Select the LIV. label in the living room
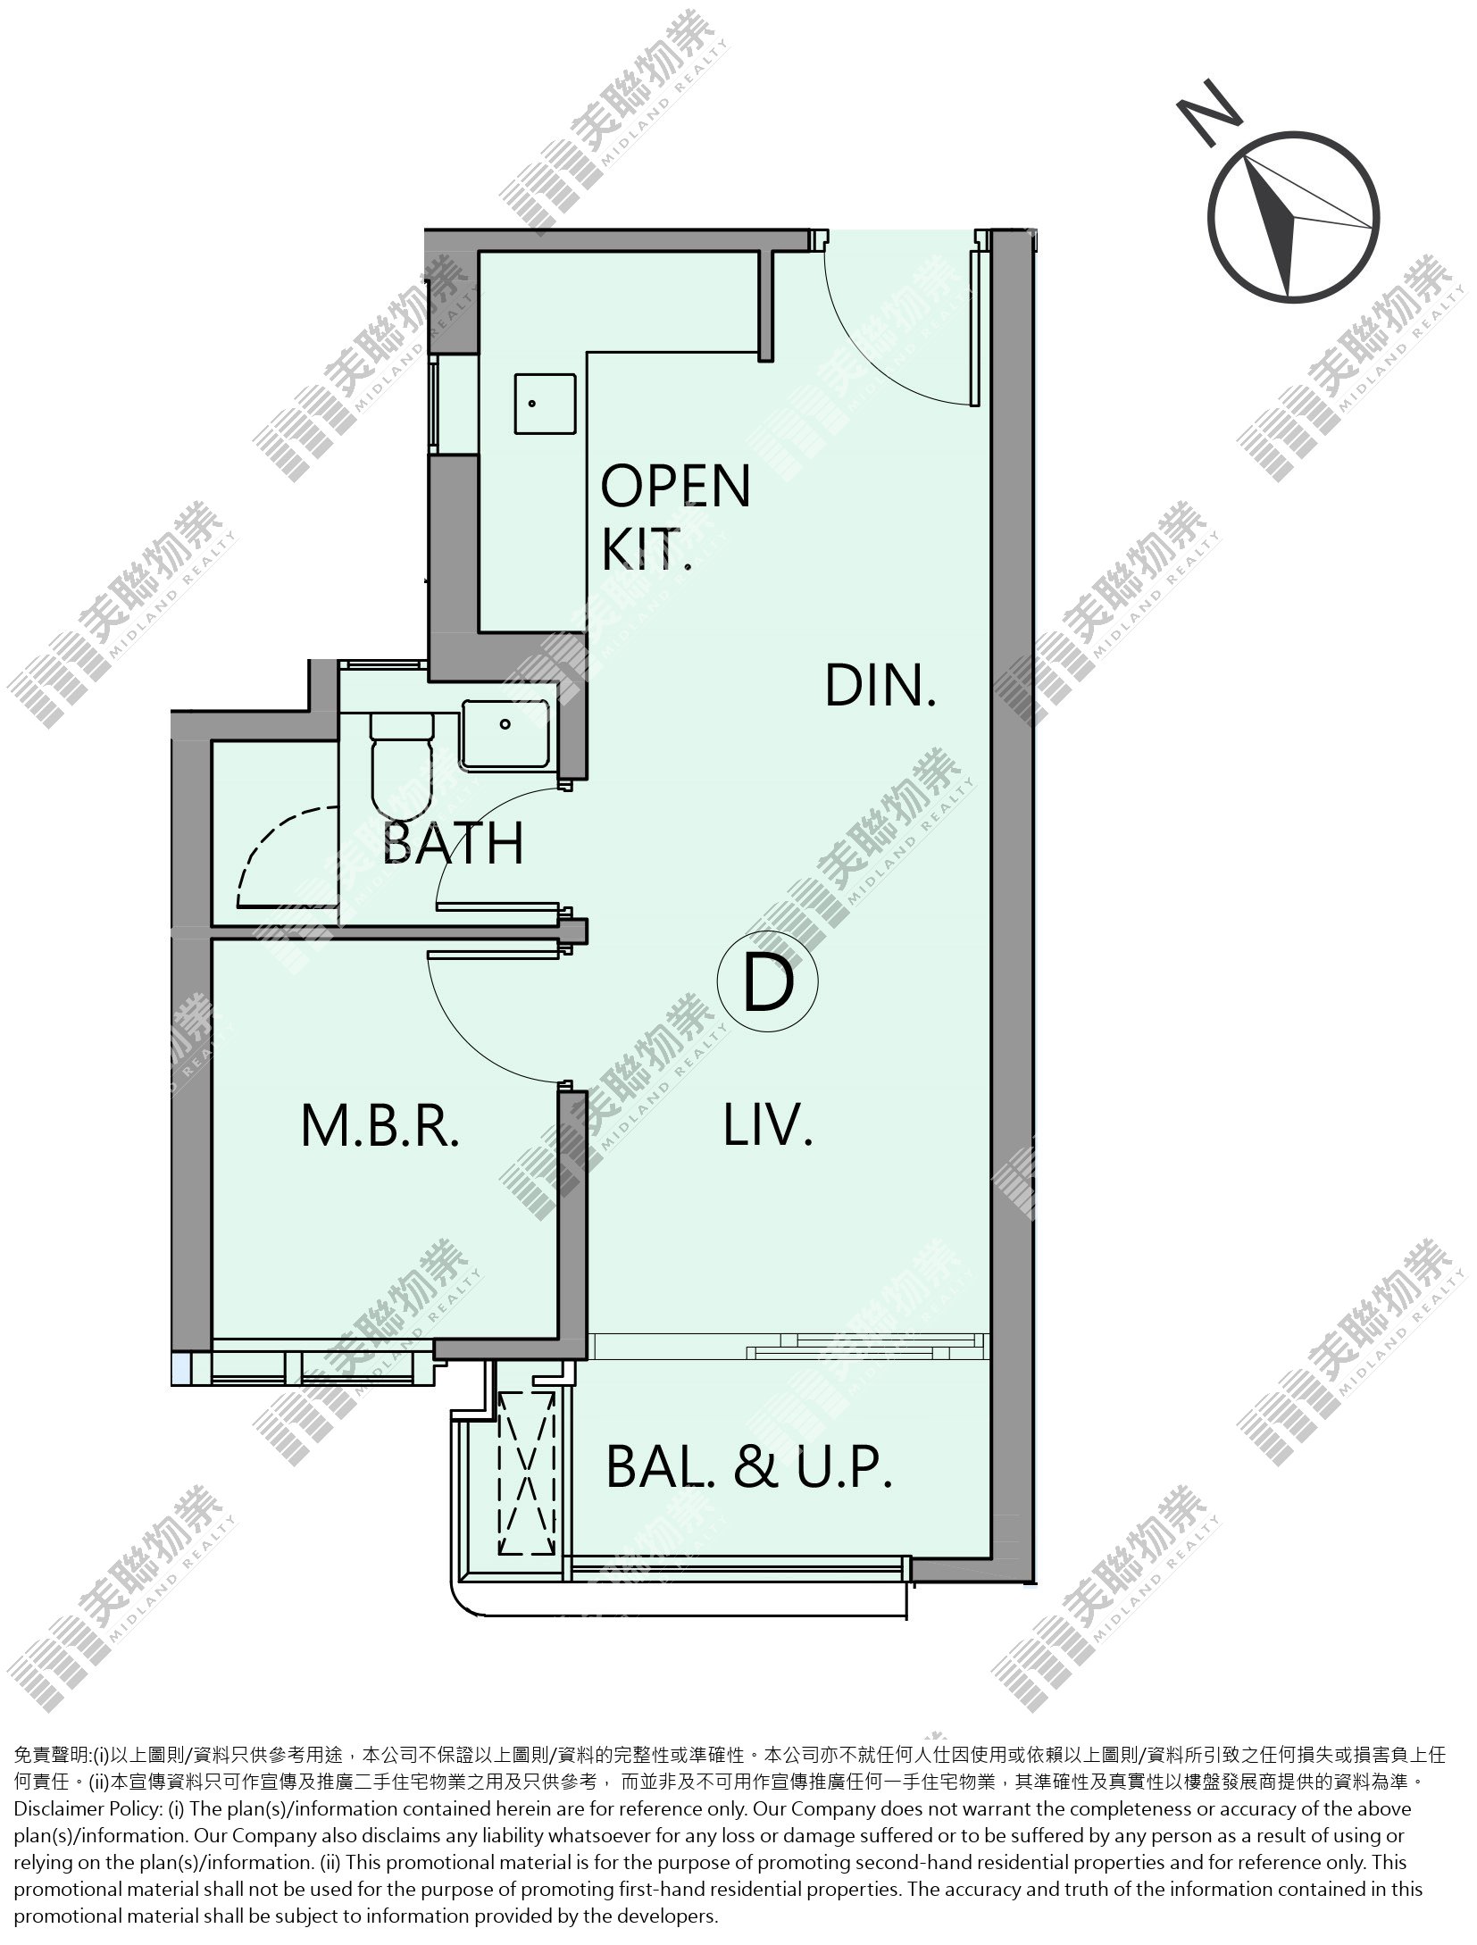(768, 1124)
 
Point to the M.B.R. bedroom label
(380, 1125)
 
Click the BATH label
(453, 842)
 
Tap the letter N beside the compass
(1210, 112)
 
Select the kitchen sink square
(545, 405)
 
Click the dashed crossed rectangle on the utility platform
(528, 1473)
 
